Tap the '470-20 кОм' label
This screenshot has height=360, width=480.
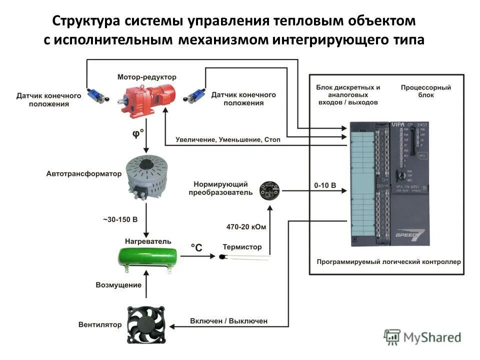point(246,226)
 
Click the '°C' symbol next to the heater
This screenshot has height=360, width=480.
point(197,247)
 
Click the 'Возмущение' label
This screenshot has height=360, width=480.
point(118,284)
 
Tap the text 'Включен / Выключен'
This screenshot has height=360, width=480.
point(228,320)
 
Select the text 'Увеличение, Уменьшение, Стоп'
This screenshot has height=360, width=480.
point(228,140)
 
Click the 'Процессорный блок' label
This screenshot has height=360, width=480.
point(425,91)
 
